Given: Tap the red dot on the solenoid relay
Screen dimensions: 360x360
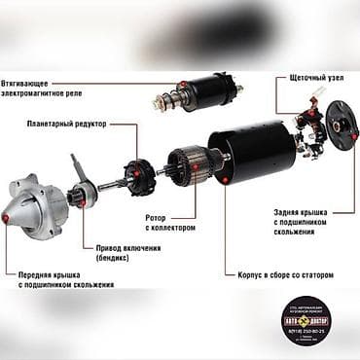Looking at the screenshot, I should (x=181, y=85).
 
